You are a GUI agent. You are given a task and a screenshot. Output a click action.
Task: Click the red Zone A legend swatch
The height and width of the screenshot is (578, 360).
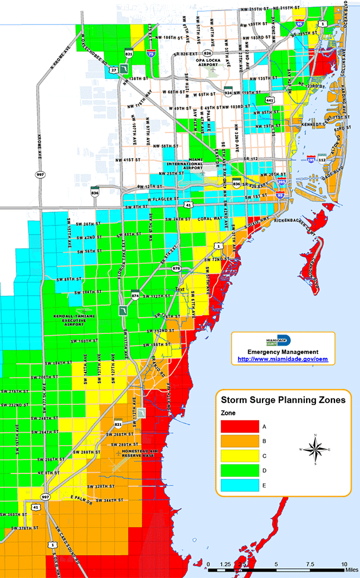pos(239,426)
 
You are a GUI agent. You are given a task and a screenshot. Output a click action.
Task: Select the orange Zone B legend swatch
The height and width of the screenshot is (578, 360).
pos(239,441)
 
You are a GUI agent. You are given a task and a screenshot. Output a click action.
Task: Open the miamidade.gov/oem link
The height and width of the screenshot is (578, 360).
pos(283,360)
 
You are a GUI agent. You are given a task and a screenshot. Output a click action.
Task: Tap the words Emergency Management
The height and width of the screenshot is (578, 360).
pos(283,352)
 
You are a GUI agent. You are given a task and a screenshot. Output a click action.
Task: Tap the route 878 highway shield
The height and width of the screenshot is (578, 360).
pos(177,268)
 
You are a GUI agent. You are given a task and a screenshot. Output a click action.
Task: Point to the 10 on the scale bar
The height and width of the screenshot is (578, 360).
pos(344,564)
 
